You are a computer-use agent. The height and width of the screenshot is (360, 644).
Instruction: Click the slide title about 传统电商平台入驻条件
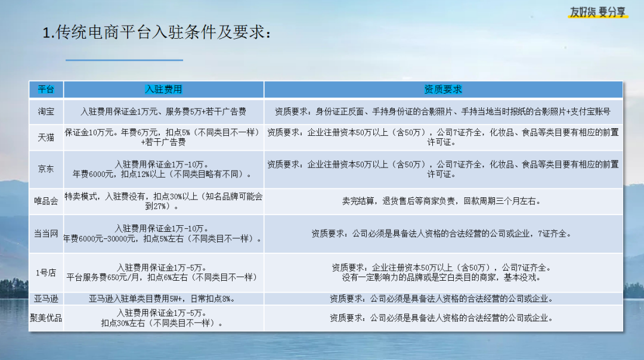(x=157, y=32)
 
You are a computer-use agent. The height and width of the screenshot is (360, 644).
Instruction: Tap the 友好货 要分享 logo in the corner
(x=597, y=13)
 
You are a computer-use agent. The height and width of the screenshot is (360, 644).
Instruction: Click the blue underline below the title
(x=124, y=60)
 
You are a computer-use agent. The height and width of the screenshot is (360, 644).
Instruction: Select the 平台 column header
(x=46, y=89)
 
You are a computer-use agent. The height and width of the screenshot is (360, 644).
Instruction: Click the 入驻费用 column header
(x=163, y=89)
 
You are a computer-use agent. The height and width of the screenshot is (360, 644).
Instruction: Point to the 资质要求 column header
(x=443, y=89)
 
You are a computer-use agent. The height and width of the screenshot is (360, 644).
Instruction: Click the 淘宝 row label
(x=46, y=111)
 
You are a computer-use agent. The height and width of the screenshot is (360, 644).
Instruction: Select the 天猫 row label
(x=46, y=138)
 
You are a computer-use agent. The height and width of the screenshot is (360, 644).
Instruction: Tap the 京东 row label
(x=46, y=169)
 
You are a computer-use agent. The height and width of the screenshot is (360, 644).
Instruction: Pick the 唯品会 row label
(x=46, y=201)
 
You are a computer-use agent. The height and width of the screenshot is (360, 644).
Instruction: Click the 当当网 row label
(x=46, y=234)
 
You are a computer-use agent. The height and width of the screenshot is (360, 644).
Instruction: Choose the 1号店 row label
(x=46, y=273)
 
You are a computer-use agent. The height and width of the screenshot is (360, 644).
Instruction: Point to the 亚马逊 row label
(x=46, y=299)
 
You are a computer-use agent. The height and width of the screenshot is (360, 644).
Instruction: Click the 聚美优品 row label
(x=46, y=318)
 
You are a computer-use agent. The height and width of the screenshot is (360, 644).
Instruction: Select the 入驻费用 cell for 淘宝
(x=163, y=111)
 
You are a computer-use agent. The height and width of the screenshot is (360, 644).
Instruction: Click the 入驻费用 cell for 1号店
(x=163, y=272)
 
